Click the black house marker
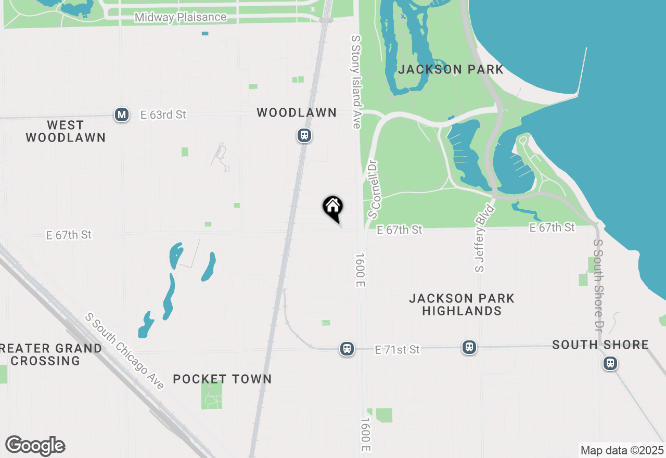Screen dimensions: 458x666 [332, 207]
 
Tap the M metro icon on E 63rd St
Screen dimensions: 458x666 [122, 115]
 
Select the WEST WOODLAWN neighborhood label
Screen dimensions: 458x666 [66, 131]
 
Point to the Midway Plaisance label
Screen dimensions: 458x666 [181, 17]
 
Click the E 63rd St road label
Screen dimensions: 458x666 [163, 115]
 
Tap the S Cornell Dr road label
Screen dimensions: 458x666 [374, 189]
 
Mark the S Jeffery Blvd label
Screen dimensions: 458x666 [484, 237]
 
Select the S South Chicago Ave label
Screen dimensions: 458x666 [125, 351]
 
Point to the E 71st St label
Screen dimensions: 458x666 [398, 350]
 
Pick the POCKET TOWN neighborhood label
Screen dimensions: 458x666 [222, 379]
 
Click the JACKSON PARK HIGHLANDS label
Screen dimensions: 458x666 [462, 304]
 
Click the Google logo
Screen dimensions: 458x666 [35, 446]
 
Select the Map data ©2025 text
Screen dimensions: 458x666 [622, 450]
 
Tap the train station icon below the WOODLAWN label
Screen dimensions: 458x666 [304, 136]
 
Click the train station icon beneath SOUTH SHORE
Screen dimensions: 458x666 [610, 363]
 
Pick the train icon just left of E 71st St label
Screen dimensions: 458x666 [347, 349]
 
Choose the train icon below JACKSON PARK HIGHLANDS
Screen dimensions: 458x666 [469, 347]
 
